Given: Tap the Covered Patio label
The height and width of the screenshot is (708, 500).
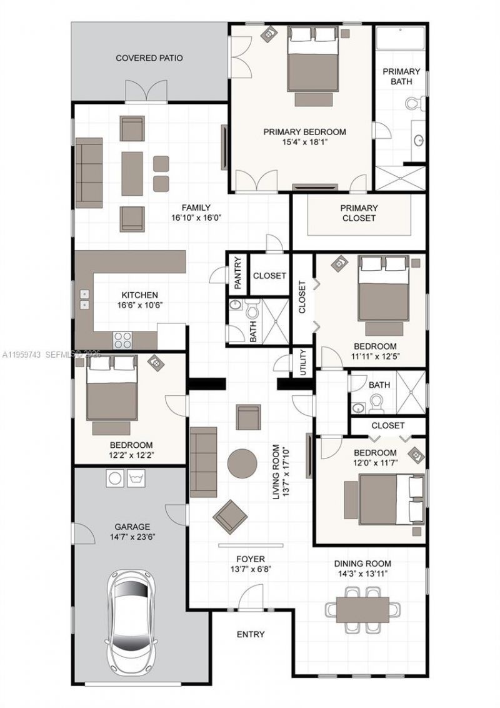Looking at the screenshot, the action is pos(149,58).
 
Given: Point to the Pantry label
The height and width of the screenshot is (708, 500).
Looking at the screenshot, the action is pos(238,273).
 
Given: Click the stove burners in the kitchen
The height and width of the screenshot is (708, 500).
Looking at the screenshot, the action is pos(122,340).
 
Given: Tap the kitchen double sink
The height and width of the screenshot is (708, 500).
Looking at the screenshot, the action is pos(85,300).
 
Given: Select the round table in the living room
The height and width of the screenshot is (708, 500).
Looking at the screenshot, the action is pos(242,463).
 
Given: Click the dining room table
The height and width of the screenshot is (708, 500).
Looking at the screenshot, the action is pos(363,610).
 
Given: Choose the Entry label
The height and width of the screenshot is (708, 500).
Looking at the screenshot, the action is pos(251,634).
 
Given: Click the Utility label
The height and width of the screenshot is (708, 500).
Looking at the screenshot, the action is pos(302,363).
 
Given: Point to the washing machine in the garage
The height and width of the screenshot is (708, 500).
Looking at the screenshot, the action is pos(115,478).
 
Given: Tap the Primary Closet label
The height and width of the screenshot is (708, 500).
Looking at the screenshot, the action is pos(359,213).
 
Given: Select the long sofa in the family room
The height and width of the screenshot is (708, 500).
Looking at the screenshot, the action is pos(89,173).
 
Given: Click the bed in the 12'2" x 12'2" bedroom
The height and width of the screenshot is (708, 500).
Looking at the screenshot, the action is pos(112,388).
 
